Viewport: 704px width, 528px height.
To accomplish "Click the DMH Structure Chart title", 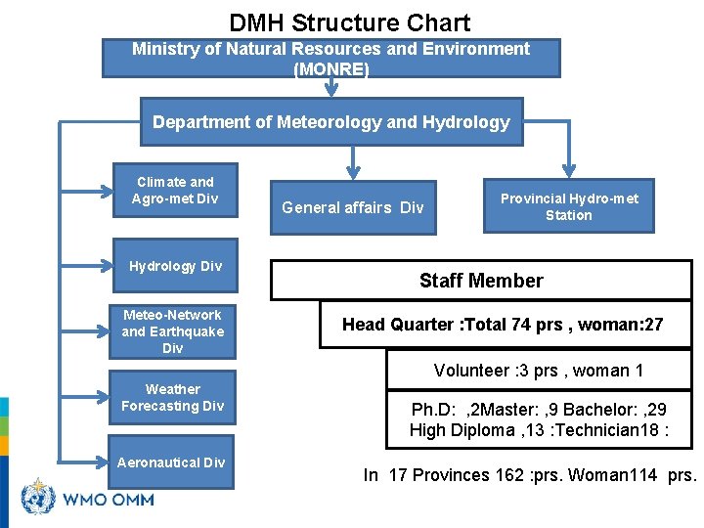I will pyautogui.click(x=349, y=22).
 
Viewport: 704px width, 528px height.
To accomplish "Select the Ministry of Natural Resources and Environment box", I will pyautogui.click(x=330, y=58).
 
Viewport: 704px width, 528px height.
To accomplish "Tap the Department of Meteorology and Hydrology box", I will pyautogui.click(x=330, y=122).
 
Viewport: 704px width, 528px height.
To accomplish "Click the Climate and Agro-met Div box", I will pyautogui.click(x=175, y=190).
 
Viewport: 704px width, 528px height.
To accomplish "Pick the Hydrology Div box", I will pyautogui.click(x=175, y=266).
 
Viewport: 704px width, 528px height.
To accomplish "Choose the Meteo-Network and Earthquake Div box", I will pyautogui.click(x=172, y=331).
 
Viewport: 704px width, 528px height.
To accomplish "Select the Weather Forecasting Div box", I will pyautogui.click(x=172, y=397).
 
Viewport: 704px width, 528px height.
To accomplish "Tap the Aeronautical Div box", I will pyautogui.click(x=171, y=462).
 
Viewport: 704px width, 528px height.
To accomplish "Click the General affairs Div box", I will pyautogui.click(x=352, y=207).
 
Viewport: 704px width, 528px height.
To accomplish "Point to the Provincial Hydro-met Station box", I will pyautogui.click(x=568, y=206).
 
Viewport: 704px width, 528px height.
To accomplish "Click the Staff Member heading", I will pyautogui.click(x=480, y=281).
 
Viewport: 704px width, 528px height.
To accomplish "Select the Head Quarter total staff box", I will pyautogui.click(x=503, y=325).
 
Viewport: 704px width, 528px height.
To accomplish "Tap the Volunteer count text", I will pyautogui.click(x=538, y=371).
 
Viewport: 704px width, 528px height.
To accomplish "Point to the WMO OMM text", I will pyautogui.click(x=108, y=500).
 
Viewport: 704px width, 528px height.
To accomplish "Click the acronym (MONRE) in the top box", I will pyautogui.click(x=330, y=69).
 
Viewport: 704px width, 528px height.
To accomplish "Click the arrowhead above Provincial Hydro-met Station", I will pyautogui.click(x=568, y=168).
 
